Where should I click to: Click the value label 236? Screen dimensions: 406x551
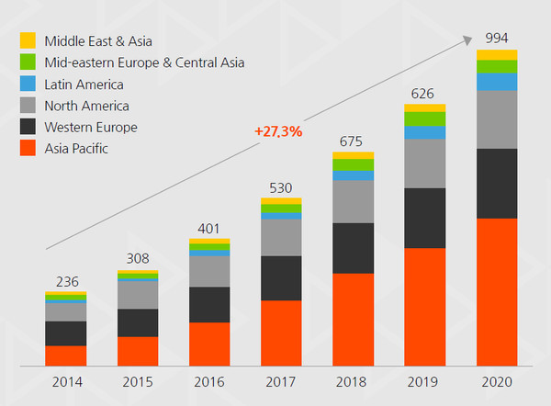pos(65,281)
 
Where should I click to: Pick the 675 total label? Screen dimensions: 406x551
pos(353,141)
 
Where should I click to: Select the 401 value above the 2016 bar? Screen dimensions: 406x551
pos(208,228)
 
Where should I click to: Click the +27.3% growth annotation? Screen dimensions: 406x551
pos(278,131)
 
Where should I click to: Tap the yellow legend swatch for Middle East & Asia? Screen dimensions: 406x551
pos(28,40)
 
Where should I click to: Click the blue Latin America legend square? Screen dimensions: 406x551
pos(28,85)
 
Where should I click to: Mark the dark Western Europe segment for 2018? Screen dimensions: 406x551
pos(353,248)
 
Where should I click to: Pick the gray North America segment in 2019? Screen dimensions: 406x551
pos(424,164)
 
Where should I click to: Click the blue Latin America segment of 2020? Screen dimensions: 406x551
pos(497,82)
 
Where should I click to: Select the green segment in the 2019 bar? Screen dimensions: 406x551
pos(424,118)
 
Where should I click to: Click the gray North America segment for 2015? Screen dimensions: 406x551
pos(137,294)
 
